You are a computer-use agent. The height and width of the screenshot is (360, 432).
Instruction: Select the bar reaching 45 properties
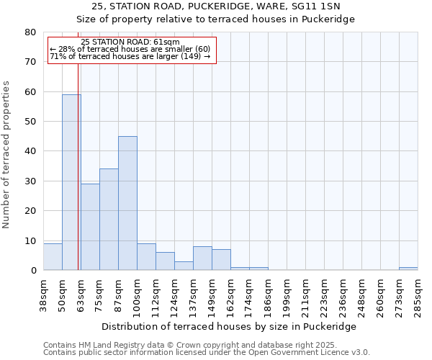point(127,203)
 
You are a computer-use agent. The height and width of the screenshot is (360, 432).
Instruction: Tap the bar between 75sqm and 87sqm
point(109,220)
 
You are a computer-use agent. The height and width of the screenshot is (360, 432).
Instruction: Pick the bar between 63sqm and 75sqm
point(90,227)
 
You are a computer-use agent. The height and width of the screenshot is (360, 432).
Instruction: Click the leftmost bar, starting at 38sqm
point(53,257)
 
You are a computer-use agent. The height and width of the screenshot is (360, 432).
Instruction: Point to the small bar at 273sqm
point(408,269)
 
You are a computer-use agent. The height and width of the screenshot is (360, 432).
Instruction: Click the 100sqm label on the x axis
point(137,294)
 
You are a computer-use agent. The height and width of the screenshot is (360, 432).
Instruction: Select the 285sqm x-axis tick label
point(418,294)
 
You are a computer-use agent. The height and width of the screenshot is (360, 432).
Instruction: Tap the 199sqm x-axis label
point(287,294)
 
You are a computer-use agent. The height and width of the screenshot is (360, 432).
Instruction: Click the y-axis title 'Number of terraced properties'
point(6,154)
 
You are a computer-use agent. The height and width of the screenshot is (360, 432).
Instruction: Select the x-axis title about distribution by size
point(229,326)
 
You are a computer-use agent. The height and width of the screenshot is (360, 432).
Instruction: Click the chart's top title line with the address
point(216,6)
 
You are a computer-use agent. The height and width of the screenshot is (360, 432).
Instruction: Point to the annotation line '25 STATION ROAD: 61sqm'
point(130,42)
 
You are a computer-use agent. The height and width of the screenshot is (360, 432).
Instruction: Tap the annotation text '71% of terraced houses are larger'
point(130,56)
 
